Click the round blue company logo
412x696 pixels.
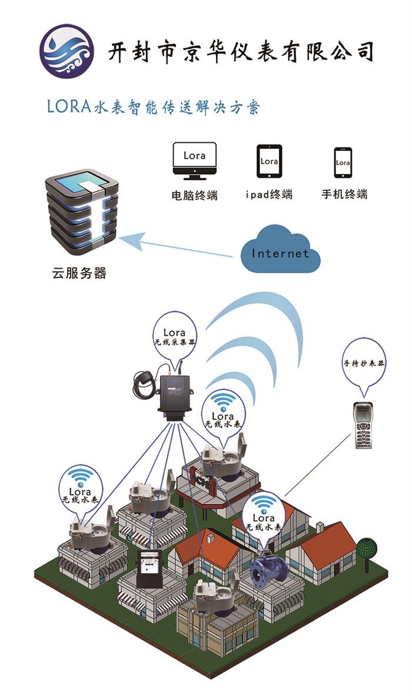tap(66, 51)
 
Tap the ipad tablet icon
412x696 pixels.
tap(269, 161)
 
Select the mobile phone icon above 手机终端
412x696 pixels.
tap(343, 162)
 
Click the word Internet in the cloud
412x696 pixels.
tap(280, 253)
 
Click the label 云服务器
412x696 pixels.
tap(79, 273)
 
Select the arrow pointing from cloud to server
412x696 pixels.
tap(177, 246)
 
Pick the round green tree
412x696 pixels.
tap(366, 549)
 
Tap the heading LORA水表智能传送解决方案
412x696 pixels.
tap(153, 108)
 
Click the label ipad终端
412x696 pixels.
tap(269, 195)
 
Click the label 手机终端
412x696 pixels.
tap(344, 194)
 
